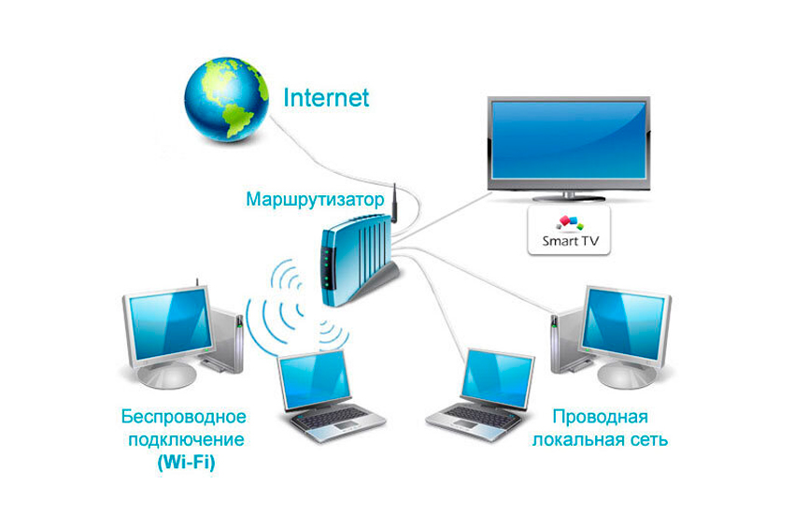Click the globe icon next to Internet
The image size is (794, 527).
coord(226,99)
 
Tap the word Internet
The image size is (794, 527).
coord(326,98)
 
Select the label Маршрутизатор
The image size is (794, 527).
coord(315,199)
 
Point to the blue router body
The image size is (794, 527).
coord(354,259)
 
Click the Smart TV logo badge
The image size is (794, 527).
coord(569,230)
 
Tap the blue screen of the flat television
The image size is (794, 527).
coord(569,140)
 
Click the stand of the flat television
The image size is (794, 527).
coord(569,197)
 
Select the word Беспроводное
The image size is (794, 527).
coord(184,417)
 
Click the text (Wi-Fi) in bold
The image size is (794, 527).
coord(186,463)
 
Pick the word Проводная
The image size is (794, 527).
coord(600,417)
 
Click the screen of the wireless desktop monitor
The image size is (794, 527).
coord(171,322)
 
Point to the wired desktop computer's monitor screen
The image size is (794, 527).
coord(624,322)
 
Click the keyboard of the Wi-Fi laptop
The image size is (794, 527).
coord(331,418)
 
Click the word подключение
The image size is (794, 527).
coord(186,439)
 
